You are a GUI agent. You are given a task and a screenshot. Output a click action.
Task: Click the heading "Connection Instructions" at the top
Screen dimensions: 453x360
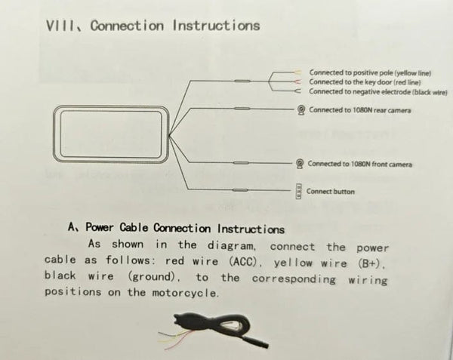pyautogui.click(x=175, y=26)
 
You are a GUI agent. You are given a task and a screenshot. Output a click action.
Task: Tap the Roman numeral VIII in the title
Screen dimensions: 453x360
pyautogui.click(x=60, y=26)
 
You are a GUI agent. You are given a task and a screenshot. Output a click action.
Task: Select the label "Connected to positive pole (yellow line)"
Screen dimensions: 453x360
pyautogui.click(x=370, y=72)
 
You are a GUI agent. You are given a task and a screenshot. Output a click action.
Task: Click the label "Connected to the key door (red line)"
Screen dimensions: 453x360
pyautogui.click(x=365, y=82)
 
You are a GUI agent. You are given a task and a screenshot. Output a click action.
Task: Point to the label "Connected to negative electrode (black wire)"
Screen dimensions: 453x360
pyautogui.click(x=378, y=92)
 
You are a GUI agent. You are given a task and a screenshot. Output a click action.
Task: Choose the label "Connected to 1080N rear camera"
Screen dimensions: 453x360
pyautogui.click(x=359, y=110)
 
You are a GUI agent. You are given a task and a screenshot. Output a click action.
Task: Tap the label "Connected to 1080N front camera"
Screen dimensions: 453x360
pyautogui.click(x=359, y=164)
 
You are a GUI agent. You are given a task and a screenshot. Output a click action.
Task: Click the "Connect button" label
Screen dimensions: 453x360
pyautogui.click(x=330, y=192)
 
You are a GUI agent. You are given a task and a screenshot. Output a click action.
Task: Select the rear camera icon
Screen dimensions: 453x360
pyautogui.click(x=301, y=109)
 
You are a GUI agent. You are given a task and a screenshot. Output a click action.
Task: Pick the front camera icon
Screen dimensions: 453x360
pyautogui.click(x=300, y=164)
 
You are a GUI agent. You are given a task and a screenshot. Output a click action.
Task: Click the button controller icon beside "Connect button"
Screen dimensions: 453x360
pyautogui.click(x=298, y=191)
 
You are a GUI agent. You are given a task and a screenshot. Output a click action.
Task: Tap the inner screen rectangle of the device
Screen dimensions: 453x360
pyautogui.click(x=111, y=134)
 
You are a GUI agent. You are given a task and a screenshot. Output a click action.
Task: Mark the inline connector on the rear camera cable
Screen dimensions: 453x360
pyautogui.click(x=242, y=109)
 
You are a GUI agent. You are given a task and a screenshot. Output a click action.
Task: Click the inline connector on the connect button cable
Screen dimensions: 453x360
pyautogui.click(x=240, y=190)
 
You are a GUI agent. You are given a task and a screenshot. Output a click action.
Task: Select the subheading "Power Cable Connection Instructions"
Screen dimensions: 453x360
pyautogui.click(x=185, y=229)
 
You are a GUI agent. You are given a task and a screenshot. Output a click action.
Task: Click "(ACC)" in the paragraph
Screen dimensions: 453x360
pyautogui.click(x=242, y=262)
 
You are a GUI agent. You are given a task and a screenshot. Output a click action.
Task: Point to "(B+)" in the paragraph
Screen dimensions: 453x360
pyautogui.click(x=368, y=263)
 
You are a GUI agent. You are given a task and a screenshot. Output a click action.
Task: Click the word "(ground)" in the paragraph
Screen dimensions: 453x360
pyautogui.click(x=152, y=277)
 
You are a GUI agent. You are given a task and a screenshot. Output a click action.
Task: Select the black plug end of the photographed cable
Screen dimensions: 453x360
pyautogui.click(x=255, y=340)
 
